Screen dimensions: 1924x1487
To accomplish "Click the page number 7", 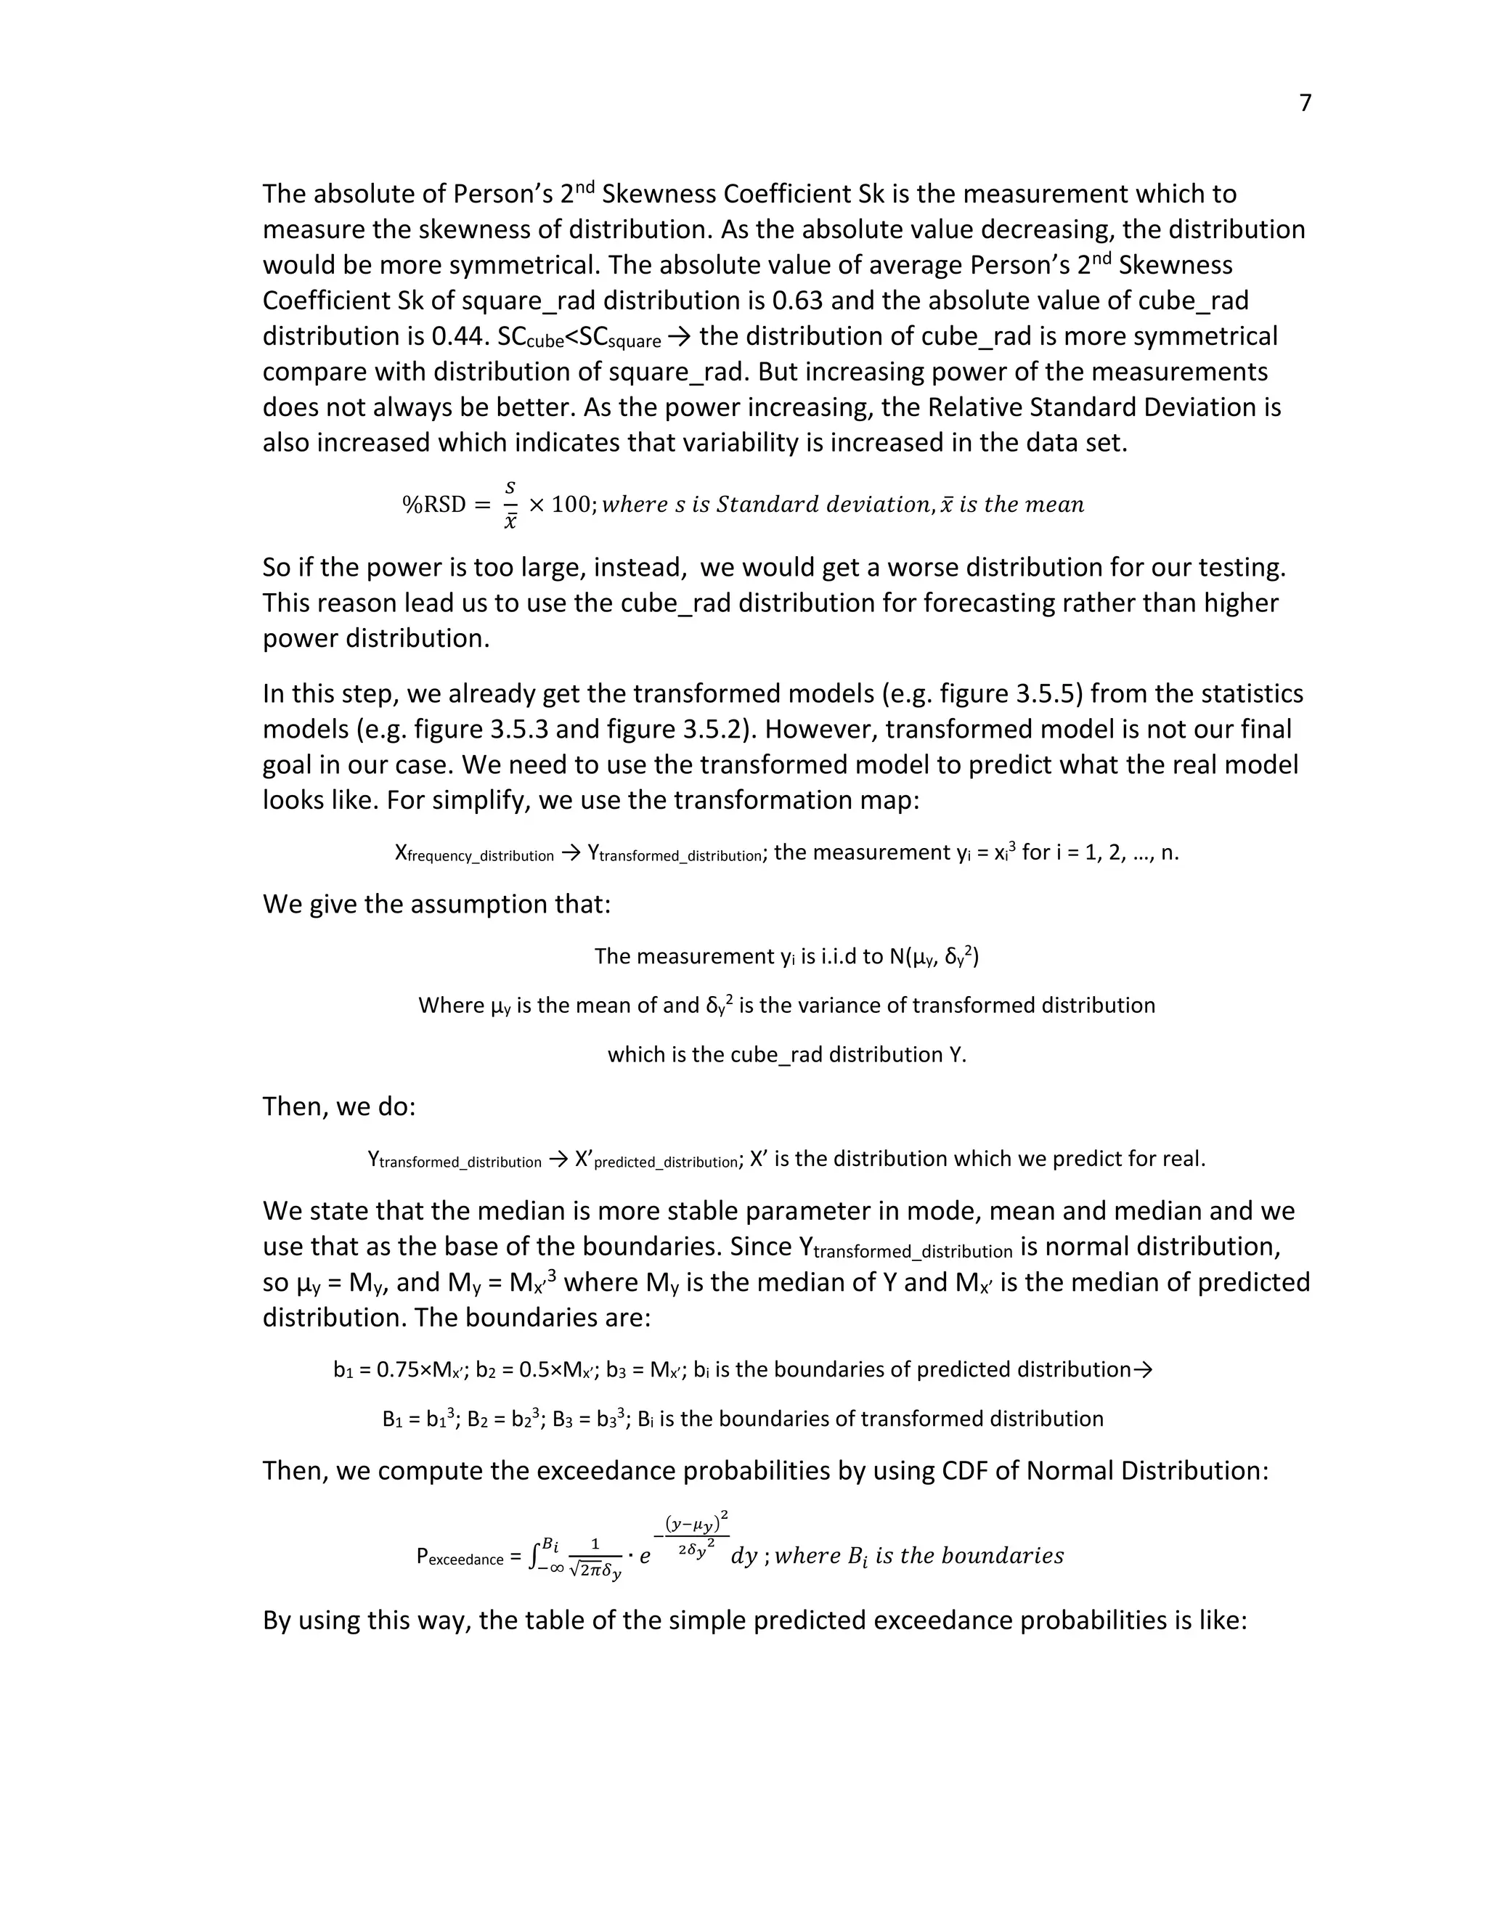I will coord(1305,104).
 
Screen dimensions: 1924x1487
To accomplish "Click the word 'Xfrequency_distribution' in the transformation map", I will coord(474,853).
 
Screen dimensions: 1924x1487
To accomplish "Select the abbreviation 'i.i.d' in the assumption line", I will coord(823,956).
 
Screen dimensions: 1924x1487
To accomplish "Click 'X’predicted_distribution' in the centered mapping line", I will coord(656,1159).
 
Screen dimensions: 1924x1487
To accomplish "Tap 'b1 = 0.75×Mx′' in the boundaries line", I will coord(401,1370).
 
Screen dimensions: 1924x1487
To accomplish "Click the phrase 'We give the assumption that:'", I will coord(436,905).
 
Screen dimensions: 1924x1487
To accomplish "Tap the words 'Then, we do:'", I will coord(339,1106).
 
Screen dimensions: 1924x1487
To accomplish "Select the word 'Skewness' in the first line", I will coord(656,194).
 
